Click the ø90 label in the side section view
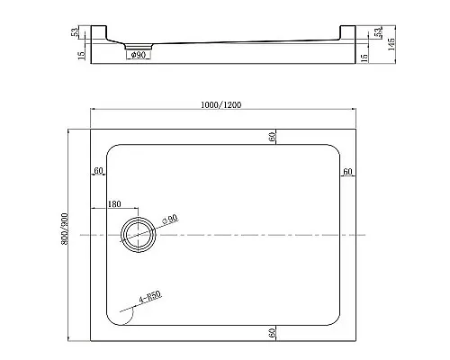139,56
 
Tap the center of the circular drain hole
139,234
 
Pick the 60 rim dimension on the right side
347,171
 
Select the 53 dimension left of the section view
76,32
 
